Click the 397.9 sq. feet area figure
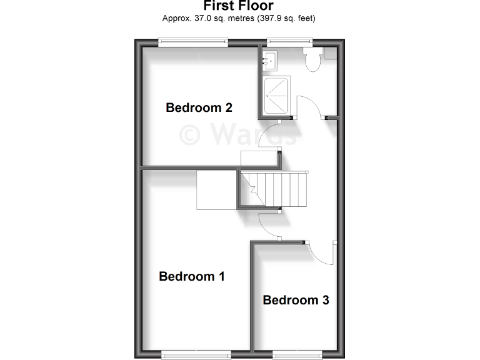[284, 18]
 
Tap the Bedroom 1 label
[192, 276]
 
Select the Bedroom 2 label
[199, 107]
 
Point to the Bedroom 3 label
[296, 300]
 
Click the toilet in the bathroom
[311, 59]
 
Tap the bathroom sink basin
[271, 59]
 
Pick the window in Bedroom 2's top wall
[192, 42]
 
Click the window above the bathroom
[285, 42]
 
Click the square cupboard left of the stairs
[216, 189]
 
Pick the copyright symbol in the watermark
[191, 134]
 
